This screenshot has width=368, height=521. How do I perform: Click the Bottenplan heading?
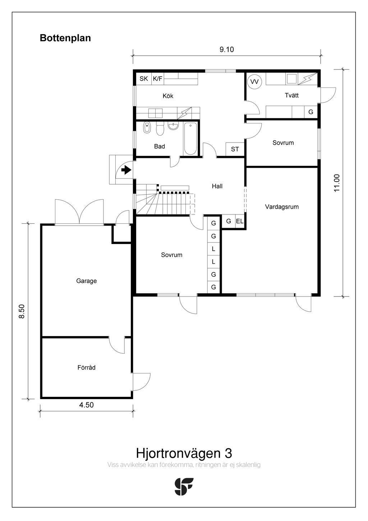tap(65, 38)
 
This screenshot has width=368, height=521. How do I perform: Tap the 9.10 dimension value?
tap(226, 50)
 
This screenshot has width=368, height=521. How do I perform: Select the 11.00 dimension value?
tap(337, 183)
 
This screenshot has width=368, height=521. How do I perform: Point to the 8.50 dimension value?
tap(22, 311)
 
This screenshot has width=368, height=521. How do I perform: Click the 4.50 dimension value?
tap(86, 405)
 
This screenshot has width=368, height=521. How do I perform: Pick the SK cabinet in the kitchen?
tap(144, 79)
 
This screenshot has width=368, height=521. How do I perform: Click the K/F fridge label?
tap(157, 79)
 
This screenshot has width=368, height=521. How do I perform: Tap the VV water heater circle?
tap(254, 82)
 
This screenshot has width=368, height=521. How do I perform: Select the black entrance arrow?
tap(126, 170)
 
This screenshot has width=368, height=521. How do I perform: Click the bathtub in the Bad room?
tap(190, 139)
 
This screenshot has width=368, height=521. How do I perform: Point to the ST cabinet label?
tap(235, 149)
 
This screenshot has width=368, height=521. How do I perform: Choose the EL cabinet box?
tap(240, 222)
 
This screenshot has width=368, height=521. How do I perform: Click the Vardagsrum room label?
tap(282, 207)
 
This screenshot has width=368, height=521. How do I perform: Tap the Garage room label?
tap(86, 281)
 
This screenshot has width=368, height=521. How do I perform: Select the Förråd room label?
tap(86, 368)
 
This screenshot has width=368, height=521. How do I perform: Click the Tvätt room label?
tap(291, 95)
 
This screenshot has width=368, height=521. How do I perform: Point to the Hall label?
tap(217, 186)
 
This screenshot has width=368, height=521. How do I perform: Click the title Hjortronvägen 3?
tap(184, 453)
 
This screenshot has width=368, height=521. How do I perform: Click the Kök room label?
tap(168, 96)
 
